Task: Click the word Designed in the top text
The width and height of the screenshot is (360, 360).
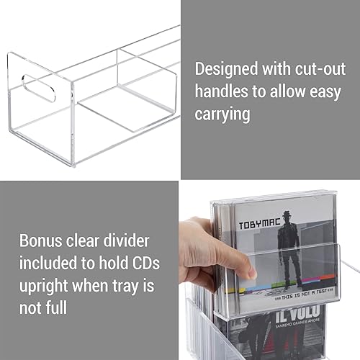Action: coord(226,69)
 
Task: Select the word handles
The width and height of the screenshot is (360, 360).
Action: coord(221,91)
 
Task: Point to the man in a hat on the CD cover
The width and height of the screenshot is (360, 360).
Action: coord(291,245)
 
